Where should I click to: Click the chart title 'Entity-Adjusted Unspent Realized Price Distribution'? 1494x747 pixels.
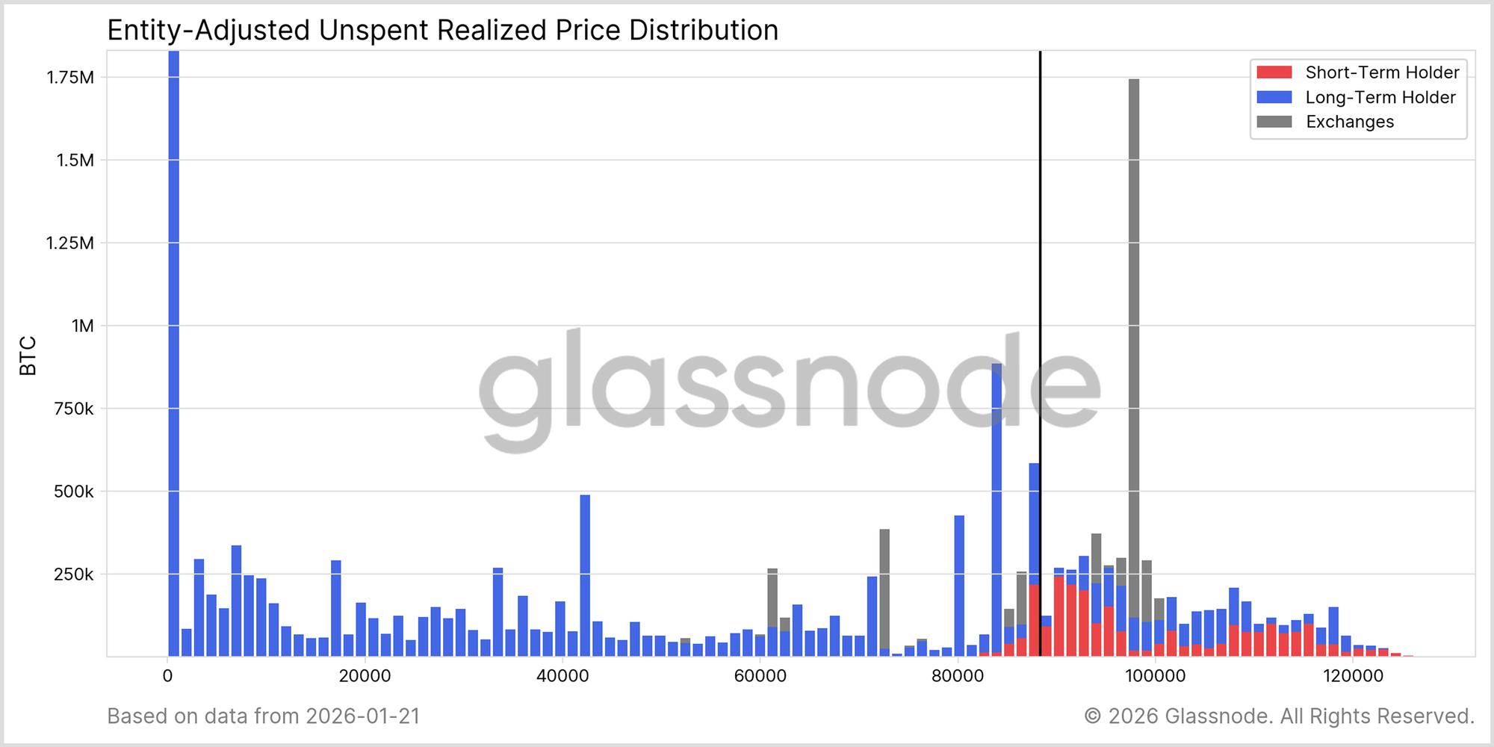(443, 31)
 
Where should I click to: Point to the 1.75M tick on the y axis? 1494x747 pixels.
(70, 78)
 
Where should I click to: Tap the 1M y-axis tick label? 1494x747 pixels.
(82, 326)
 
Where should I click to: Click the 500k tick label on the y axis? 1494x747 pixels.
(73, 492)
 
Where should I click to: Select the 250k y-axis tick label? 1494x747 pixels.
(73, 574)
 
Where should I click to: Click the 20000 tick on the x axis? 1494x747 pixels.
(365, 676)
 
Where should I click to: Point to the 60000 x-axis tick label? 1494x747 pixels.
(760, 676)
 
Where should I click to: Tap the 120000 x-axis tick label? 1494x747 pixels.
(1353, 676)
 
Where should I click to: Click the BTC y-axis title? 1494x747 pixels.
(28, 356)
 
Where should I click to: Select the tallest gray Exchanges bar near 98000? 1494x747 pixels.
(1134, 336)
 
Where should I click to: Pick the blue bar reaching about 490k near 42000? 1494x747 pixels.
(585, 575)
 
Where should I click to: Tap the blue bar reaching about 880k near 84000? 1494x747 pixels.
(996, 508)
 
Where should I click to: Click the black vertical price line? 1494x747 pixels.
(1040, 299)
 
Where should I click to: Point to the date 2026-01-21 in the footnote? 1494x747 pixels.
(363, 716)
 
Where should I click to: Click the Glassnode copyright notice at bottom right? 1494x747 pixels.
(1279, 716)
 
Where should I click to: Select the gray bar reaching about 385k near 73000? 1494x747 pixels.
(884, 590)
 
